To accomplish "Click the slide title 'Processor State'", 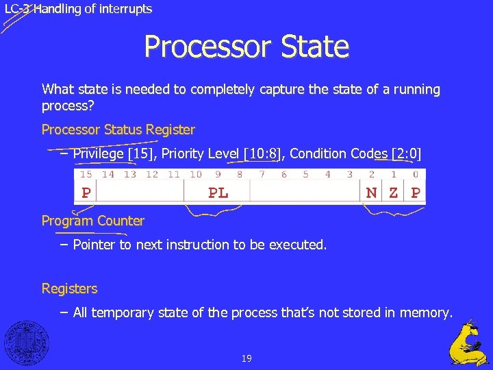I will click(x=246, y=47).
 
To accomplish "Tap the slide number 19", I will click(x=246, y=358).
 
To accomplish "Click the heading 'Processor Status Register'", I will click(x=118, y=129).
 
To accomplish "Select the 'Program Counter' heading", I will click(x=93, y=221).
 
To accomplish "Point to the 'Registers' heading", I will click(x=69, y=288).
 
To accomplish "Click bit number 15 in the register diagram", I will click(x=86, y=175).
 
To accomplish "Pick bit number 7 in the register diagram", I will click(x=262, y=175).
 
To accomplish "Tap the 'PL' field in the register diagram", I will click(x=218, y=193).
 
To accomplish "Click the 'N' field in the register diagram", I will click(x=371, y=193).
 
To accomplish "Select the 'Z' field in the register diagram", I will click(x=393, y=193).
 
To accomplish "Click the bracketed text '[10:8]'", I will click(x=264, y=153).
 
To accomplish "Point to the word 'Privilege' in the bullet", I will click(x=99, y=153).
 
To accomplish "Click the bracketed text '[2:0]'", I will click(x=406, y=153).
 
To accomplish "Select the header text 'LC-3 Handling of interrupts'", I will click(x=78, y=9).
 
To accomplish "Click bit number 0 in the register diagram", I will click(x=416, y=175).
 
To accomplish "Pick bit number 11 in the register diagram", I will click(x=174, y=175).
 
